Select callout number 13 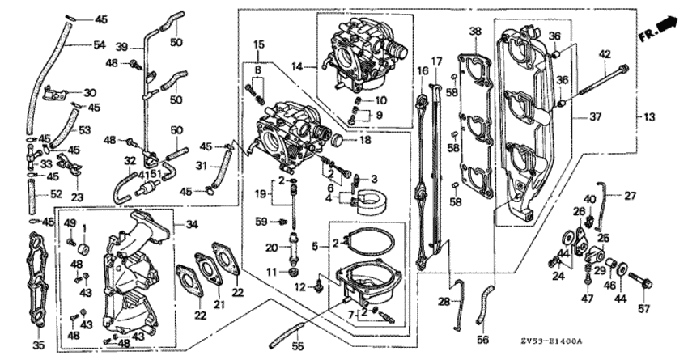(x=649, y=117)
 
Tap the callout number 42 (x=605, y=55)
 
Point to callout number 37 (x=596, y=117)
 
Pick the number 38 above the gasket (x=475, y=32)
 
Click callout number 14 (x=297, y=66)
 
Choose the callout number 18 (x=365, y=140)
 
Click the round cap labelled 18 (x=338, y=141)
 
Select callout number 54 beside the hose (x=100, y=44)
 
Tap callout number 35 (x=39, y=345)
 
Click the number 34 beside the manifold (x=192, y=225)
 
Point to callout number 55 (x=298, y=347)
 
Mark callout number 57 (x=643, y=309)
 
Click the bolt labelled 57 (x=640, y=281)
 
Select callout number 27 (x=630, y=196)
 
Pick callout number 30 (x=90, y=93)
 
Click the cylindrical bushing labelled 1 (x=83, y=248)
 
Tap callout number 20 (x=272, y=248)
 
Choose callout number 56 (x=482, y=340)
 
